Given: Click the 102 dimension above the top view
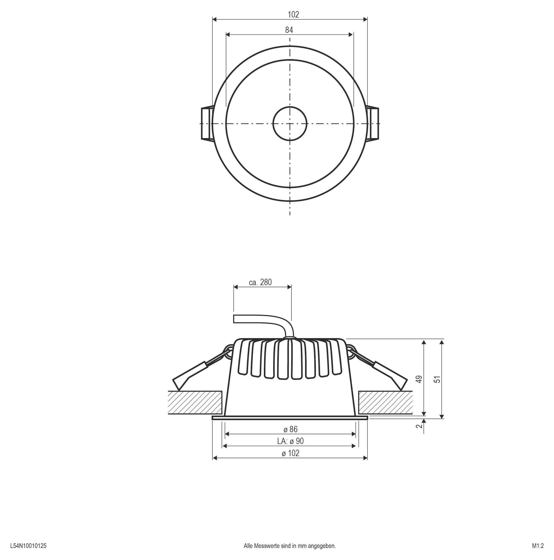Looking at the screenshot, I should click(293, 14).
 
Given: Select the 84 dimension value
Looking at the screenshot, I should click(289, 30).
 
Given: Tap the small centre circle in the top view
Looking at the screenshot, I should click(290, 123).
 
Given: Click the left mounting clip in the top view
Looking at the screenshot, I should click(207, 124).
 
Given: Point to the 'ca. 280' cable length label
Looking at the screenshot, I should click(260, 282).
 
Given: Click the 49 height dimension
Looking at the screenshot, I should click(419, 380).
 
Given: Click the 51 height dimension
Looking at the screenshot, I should click(437, 380).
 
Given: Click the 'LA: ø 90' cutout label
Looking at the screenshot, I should click(290, 441).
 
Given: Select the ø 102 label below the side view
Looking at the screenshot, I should click(290, 453).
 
